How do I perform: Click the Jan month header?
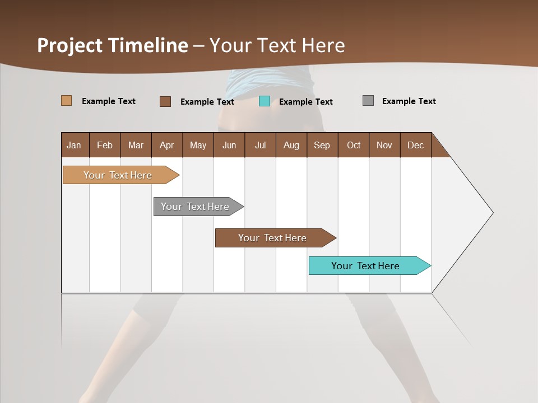[x=75, y=145]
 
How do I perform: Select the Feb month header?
[x=105, y=145]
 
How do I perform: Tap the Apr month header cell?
[x=167, y=145]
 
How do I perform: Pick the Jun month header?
[x=229, y=145]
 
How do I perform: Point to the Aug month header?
[x=291, y=145]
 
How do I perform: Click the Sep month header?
[x=322, y=145]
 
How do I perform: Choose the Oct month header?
[x=354, y=145]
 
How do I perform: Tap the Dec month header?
[x=416, y=145]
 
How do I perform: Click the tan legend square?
[x=66, y=101]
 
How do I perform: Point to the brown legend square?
[x=165, y=101]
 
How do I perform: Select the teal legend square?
[x=265, y=101]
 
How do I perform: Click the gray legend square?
[x=368, y=101]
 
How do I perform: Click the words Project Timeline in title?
[x=113, y=45]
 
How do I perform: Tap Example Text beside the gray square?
[x=409, y=101]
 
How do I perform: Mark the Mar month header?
[x=136, y=145]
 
